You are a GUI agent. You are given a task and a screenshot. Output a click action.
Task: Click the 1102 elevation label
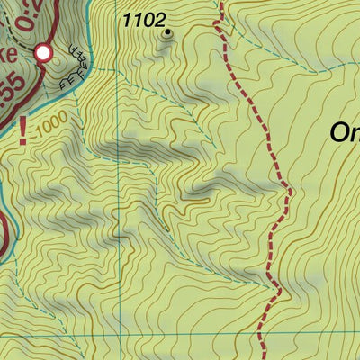pos(144,19)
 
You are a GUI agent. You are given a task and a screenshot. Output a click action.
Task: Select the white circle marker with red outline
pos(42,54)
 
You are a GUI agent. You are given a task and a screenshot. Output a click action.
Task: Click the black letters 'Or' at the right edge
pos(344,132)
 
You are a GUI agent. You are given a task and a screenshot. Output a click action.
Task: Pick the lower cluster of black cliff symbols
pos(68,83)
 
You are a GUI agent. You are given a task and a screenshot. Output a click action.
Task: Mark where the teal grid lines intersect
pos(117,333)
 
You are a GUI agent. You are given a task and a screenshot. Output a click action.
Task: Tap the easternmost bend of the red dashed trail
pos(289,191)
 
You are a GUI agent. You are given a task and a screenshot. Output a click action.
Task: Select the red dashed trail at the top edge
pos(217,5)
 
